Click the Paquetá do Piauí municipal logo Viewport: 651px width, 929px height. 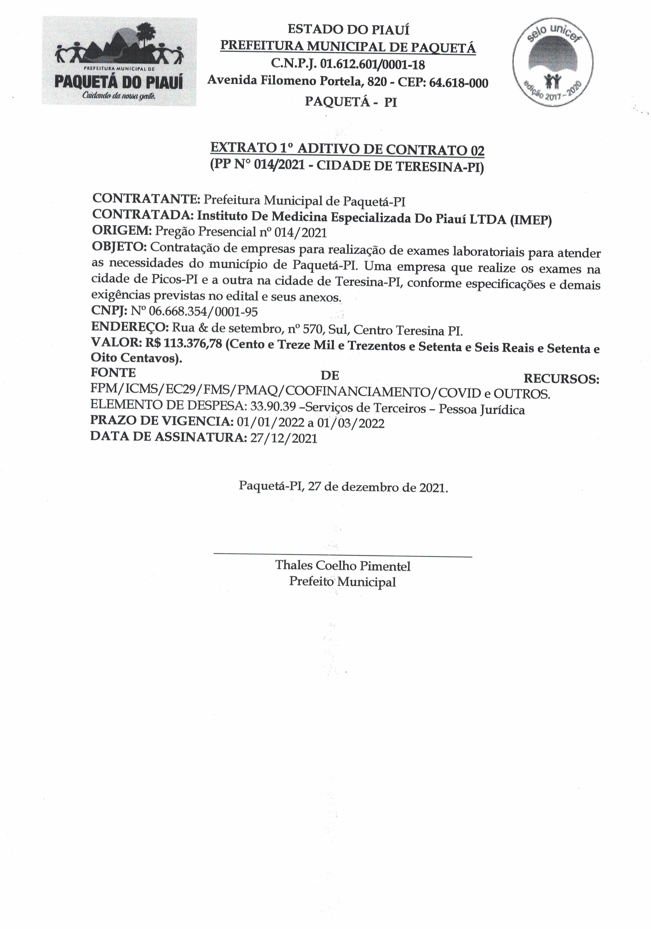point(119,61)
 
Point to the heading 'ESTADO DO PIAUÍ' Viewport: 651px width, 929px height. point(348,29)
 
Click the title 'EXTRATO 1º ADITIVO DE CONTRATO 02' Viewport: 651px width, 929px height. point(347,149)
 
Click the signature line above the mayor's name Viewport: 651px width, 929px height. point(342,557)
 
